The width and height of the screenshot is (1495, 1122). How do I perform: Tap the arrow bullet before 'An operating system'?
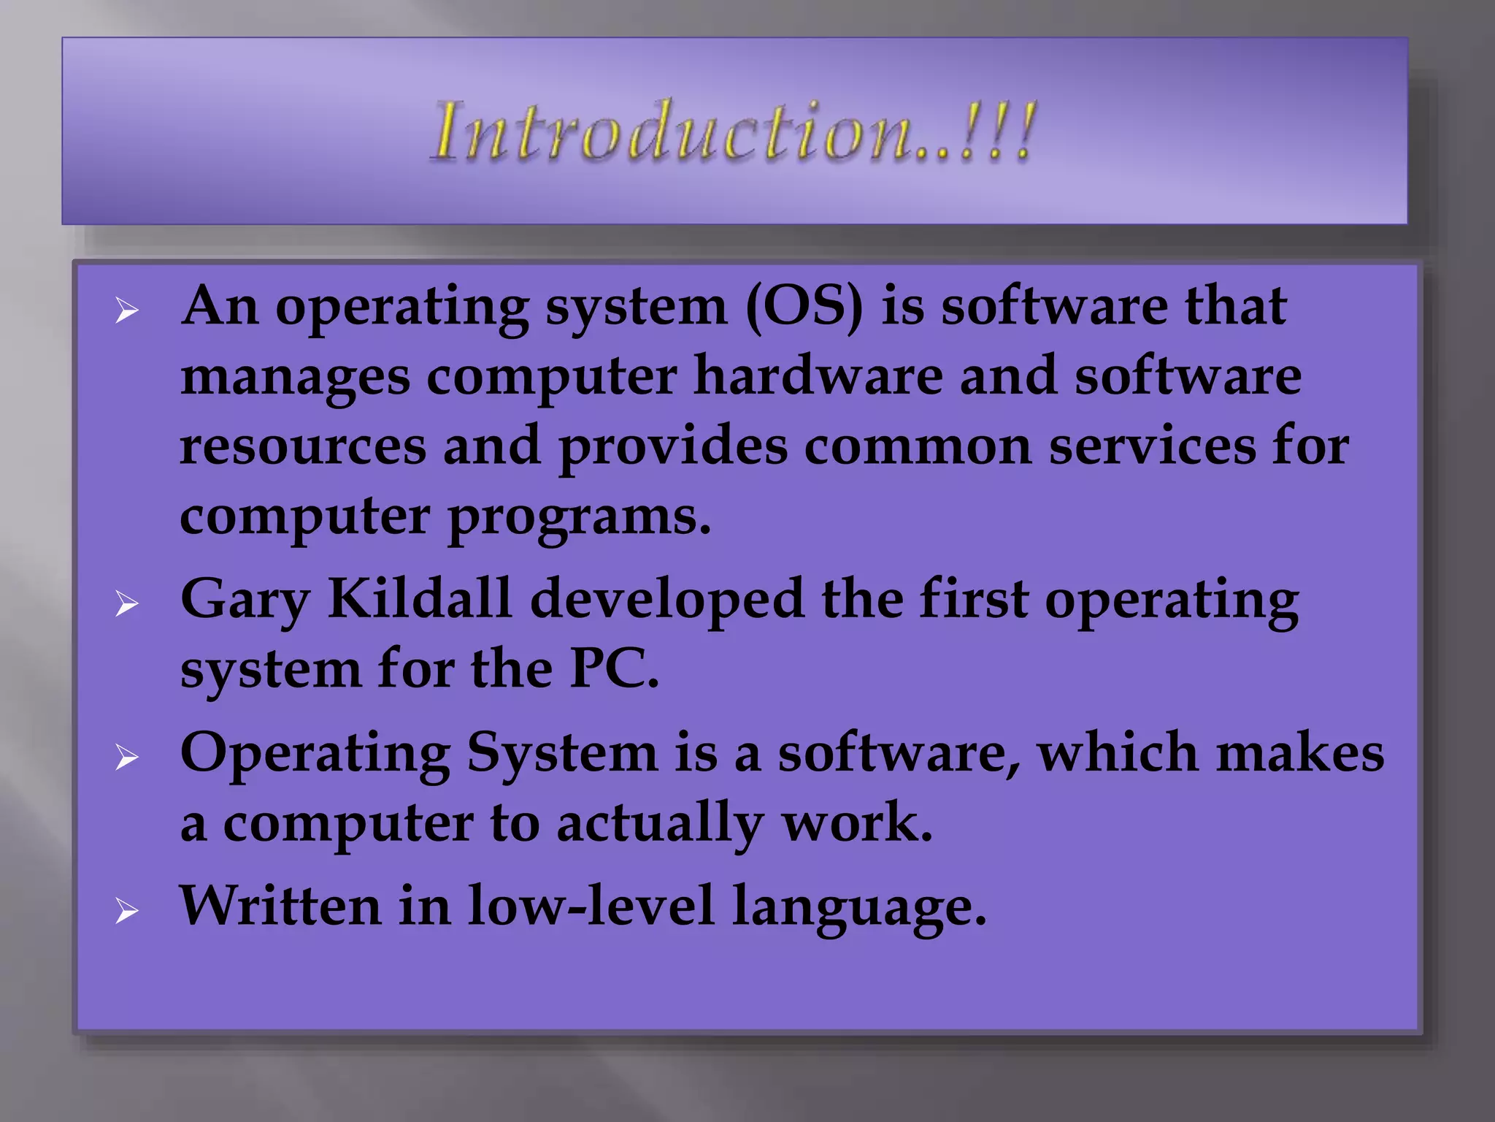coord(127,312)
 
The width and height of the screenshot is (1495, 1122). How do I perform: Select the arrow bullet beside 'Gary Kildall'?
coord(127,605)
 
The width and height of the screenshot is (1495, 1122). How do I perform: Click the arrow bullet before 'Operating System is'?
coord(127,759)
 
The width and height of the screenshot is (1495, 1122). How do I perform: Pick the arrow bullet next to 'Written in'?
coord(127,912)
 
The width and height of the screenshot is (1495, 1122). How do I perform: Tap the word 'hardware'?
coord(818,375)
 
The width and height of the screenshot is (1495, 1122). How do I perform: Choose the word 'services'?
coord(1152,446)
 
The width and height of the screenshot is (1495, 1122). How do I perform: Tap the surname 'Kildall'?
coord(419,599)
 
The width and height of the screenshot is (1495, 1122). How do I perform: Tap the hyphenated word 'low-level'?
coord(591,906)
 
